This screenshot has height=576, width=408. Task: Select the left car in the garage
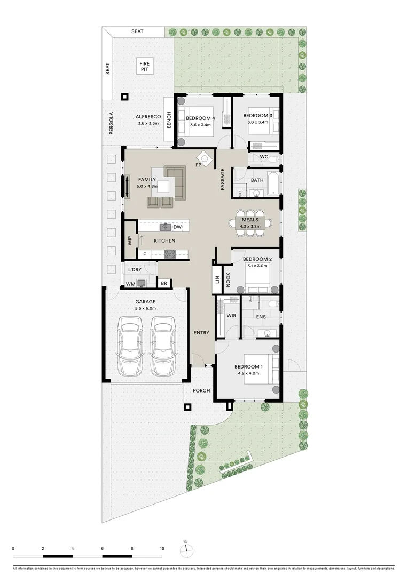point(130,347)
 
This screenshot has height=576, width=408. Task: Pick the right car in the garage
point(162,347)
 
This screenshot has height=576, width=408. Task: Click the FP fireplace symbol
point(204,158)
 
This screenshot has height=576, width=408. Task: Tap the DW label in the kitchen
point(177,228)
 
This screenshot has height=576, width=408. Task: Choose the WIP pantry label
point(130,241)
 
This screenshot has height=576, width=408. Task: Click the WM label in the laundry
point(130,284)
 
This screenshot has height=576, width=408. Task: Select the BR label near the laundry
point(164,284)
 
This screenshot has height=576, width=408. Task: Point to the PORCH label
point(202,390)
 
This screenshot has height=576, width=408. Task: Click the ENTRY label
point(201,333)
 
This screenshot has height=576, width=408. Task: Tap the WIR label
point(231,316)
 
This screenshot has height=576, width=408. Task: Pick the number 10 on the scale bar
point(162,548)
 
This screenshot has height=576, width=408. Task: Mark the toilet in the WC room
point(272,158)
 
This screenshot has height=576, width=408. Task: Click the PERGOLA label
point(112,123)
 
